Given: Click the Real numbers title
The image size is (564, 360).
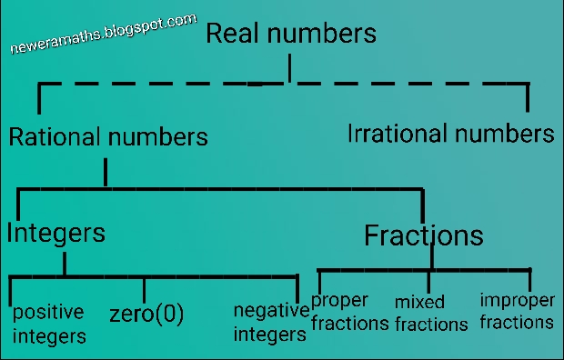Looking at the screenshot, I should pos(290,35).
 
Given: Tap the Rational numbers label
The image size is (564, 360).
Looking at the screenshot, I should pos(108,137).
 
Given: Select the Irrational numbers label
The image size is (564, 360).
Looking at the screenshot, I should pos(450,134).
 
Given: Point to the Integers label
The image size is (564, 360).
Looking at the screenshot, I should pos(55,233).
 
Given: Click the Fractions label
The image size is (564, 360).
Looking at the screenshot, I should pos(423,236).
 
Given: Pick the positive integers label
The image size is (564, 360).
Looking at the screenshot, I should pos(49,324).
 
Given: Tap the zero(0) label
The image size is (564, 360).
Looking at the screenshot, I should pos(146,315).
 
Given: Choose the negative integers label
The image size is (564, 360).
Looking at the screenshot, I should pos(270,322).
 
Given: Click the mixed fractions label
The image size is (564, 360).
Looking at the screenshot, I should pos(431,312).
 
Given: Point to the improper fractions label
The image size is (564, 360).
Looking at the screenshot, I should pos(517,311).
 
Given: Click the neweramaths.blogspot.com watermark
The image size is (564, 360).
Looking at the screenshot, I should pos(104,34).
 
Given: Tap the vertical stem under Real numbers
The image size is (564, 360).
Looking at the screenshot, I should pos(290,67).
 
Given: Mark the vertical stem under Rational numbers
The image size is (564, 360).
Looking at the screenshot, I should pos(106,172).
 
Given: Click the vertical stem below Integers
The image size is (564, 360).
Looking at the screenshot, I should pos(64,263).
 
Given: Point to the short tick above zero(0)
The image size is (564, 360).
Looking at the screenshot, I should pos(144,290).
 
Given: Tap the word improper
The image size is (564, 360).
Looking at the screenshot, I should pos(517,301).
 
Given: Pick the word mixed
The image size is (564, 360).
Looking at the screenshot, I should pos(419,302).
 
